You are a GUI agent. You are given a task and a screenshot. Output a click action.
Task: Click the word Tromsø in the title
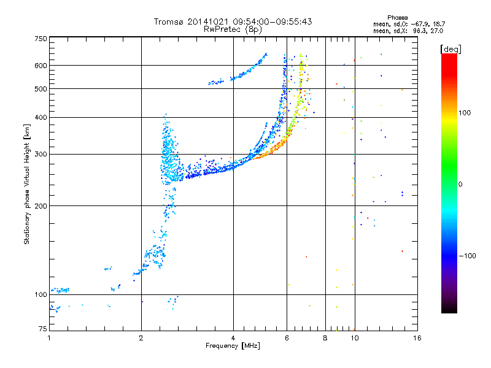169,21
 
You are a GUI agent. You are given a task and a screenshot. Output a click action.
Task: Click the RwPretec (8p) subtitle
233,29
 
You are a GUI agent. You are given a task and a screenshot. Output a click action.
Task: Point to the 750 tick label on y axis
41,39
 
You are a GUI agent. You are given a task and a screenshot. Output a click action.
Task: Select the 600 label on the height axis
41,66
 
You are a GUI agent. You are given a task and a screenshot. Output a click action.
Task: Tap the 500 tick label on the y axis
41,89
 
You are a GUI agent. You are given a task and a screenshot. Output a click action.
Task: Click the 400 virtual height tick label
41,117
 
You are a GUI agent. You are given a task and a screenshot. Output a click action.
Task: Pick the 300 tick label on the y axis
41,154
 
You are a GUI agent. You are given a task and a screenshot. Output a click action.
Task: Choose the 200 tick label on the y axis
41,206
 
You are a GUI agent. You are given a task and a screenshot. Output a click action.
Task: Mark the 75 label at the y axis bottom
43,329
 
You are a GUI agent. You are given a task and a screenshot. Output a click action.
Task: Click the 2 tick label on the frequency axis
141,338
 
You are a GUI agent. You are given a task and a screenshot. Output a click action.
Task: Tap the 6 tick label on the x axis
287,338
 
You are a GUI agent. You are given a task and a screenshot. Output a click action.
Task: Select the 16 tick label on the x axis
417,338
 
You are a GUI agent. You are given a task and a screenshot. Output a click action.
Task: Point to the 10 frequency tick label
355,338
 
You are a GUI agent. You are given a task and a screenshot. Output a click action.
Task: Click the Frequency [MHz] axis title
233,346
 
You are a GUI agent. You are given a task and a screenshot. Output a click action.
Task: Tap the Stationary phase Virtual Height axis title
27,184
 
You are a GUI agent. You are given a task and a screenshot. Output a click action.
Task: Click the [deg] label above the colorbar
450,49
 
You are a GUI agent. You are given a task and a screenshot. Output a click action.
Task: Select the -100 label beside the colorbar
467,256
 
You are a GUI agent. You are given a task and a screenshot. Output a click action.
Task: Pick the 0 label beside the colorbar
460,185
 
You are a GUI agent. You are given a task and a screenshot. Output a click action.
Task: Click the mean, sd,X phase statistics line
408,31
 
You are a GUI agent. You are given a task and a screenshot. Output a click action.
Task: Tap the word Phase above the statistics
397,18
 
